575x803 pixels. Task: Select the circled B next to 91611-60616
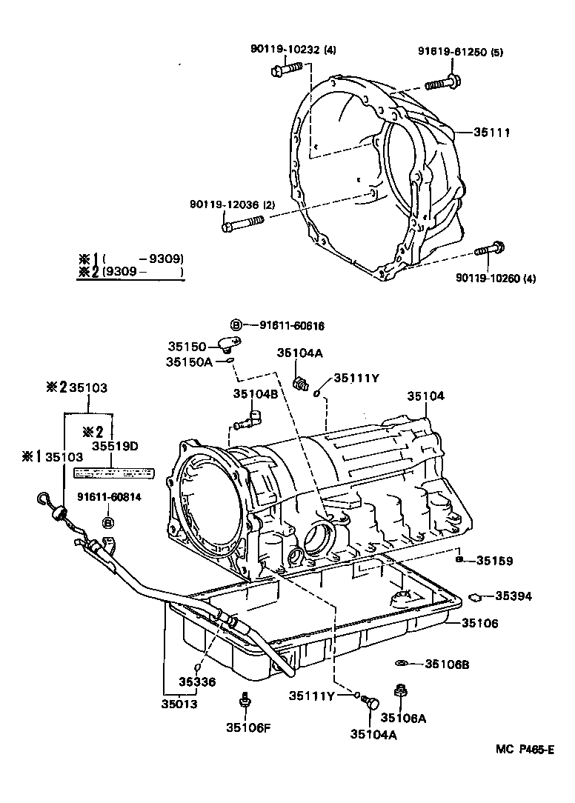click(235, 325)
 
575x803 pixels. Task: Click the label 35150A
click(189, 361)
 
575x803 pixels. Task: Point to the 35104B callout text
click(256, 394)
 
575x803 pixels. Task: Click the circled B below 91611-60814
click(108, 523)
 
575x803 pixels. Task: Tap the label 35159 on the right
click(494, 561)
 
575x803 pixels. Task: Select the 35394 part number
click(513, 595)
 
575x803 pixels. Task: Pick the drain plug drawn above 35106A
click(401, 691)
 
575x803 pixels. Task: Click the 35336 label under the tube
click(197, 682)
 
